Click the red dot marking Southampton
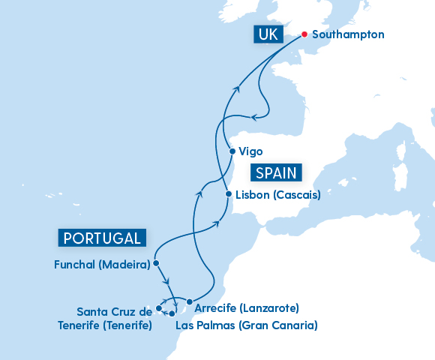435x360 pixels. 304,34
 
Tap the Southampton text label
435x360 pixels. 349,34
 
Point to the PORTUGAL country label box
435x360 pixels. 102,238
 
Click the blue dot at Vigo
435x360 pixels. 232,151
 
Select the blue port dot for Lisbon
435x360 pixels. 228,194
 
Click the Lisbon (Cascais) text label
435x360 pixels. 277,195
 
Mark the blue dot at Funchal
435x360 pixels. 155,263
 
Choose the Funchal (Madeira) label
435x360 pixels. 102,264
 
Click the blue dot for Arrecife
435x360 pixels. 189,302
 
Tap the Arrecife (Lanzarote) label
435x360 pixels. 246,308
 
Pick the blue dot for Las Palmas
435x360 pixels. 172,313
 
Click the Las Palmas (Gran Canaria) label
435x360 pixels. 246,325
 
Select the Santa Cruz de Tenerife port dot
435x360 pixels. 159,308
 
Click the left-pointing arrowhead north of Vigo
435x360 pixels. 255,116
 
